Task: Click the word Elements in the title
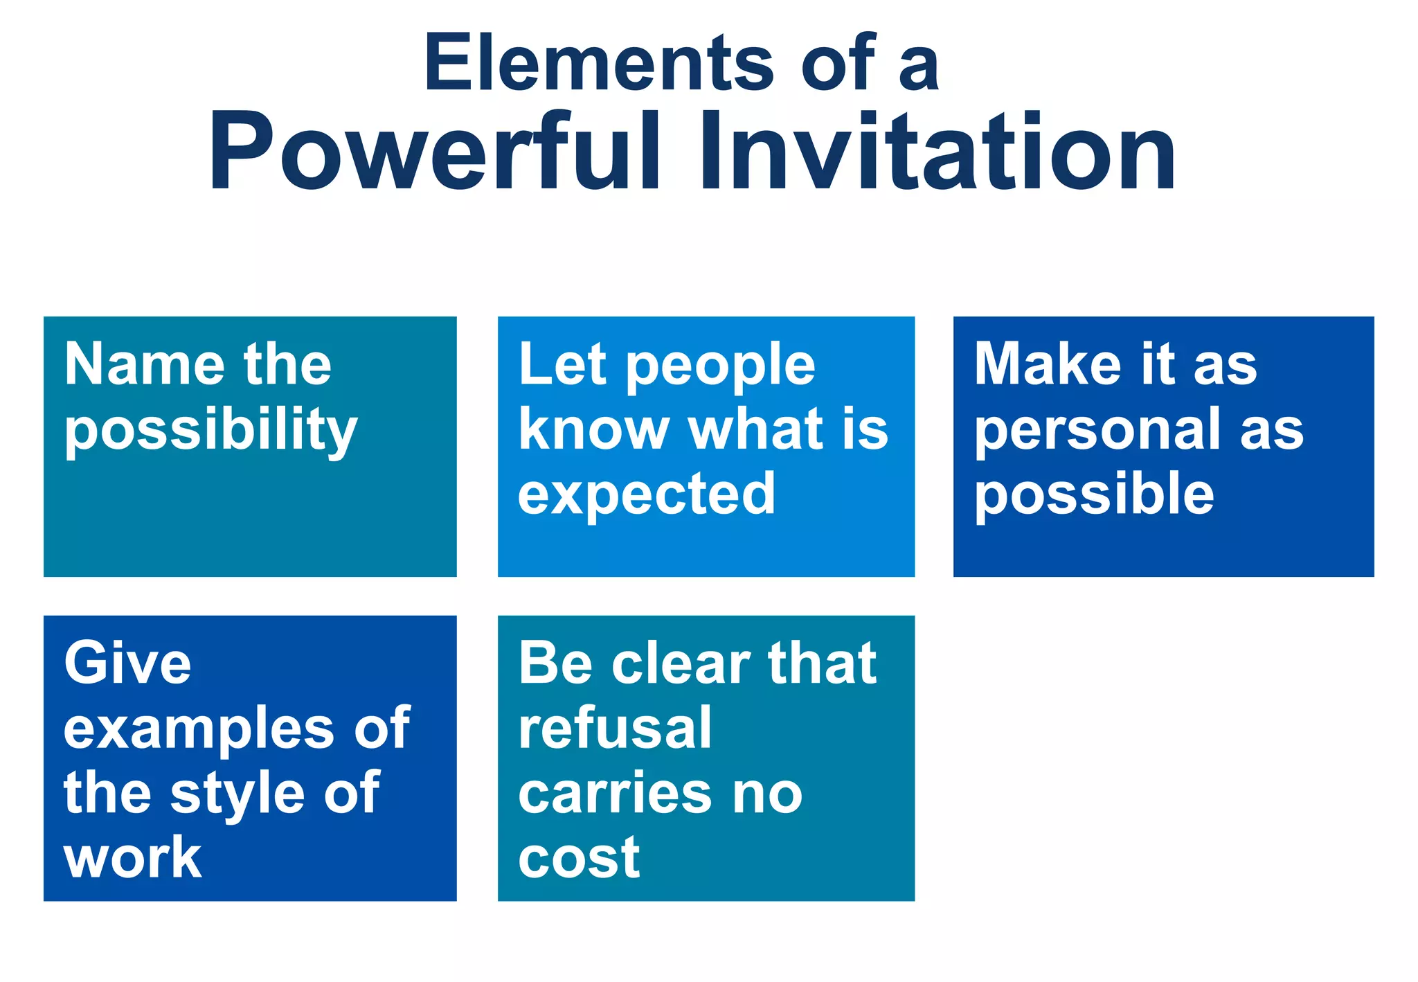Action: coord(598,64)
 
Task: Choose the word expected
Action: coord(647,494)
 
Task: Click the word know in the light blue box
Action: coord(593,429)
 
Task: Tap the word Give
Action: coord(128,663)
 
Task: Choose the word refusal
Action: coord(615,729)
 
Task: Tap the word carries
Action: coord(615,794)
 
